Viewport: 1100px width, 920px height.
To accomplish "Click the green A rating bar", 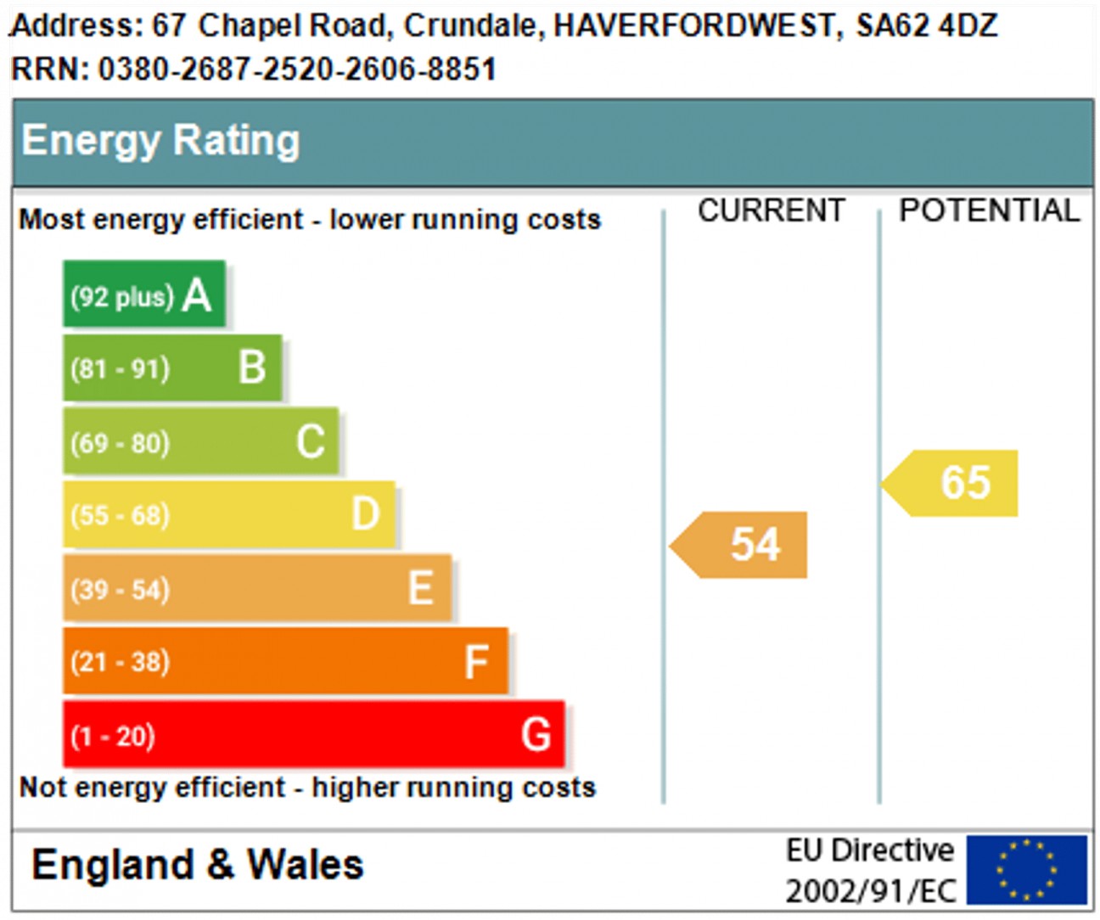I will coord(144,295).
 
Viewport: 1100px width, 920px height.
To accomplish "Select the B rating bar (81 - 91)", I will coord(172,368).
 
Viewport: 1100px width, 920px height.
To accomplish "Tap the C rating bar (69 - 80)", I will coord(200,441).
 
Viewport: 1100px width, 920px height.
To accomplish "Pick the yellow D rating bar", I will coord(229,514).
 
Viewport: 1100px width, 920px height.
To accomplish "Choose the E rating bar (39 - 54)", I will coord(257,588).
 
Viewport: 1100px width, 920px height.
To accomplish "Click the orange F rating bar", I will coord(285,661).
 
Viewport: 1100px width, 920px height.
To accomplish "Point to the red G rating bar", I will coord(314,734).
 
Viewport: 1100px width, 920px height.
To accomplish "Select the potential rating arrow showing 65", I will coord(951,483).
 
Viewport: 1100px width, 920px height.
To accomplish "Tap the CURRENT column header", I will coord(771,210).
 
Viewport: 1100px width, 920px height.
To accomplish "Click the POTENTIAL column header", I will coord(989,210).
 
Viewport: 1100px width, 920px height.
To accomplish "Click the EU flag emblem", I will coord(1026,870).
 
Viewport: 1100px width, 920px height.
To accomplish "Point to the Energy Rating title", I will coord(160,140).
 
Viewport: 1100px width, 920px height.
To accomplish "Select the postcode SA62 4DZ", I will coord(926,25).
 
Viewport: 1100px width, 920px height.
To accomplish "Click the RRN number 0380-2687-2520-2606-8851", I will coord(297,69).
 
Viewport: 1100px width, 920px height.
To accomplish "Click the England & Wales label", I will coord(198,865).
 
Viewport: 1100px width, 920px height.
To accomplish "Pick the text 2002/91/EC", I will coord(871,891).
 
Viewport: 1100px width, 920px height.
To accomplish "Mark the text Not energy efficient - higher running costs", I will coord(307,788).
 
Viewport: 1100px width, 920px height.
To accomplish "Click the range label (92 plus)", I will coord(121,297).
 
